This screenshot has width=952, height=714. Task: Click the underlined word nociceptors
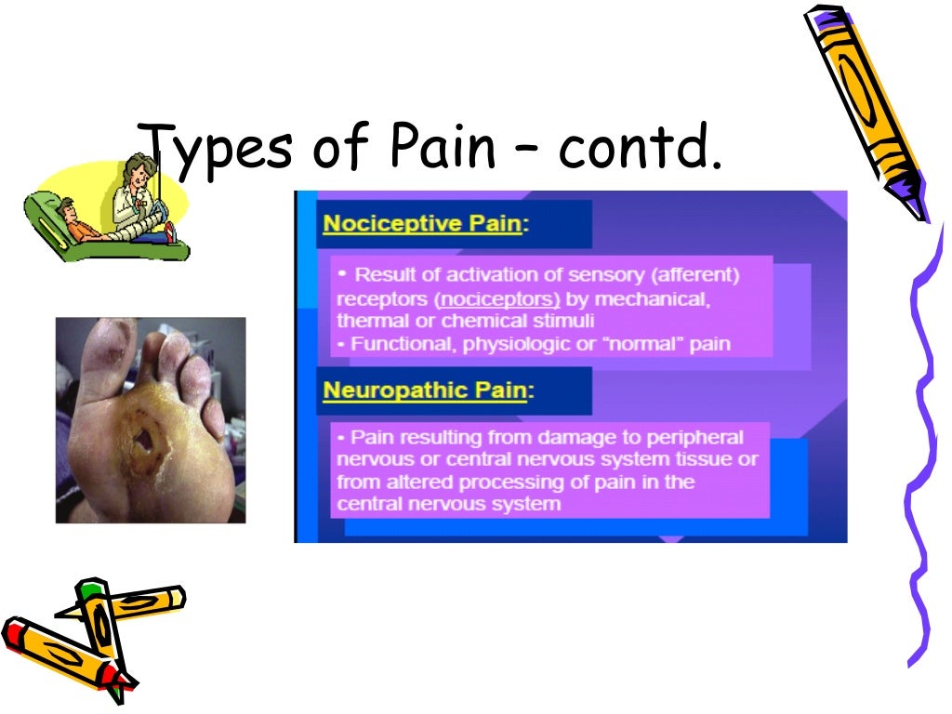click(x=499, y=299)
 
